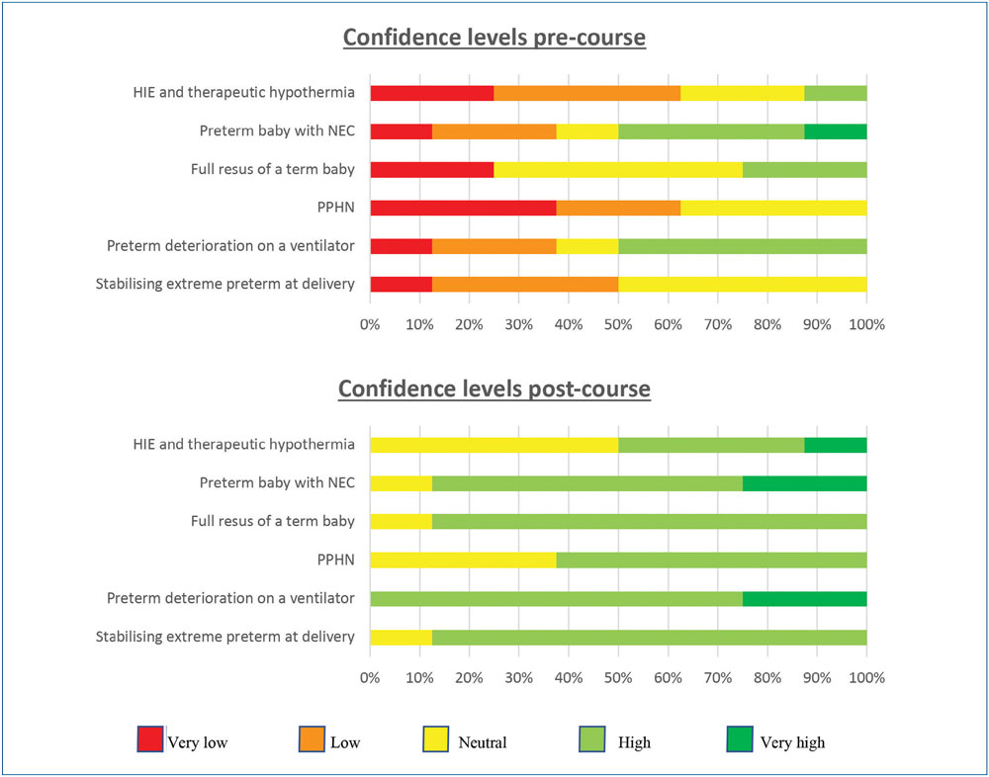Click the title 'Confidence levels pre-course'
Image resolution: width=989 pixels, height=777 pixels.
tap(494, 39)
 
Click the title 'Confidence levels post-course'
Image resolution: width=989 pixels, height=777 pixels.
tap(494, 388)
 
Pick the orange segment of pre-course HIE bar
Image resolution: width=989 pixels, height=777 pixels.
tap(587, 93)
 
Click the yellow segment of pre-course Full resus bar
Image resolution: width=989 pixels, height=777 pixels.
tap(618, 169)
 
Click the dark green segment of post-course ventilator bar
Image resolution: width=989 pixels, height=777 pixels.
tap(805, 598)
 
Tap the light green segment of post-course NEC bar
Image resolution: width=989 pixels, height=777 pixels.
tap(587, 483)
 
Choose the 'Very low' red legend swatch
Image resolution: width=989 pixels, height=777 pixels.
tap(149, 740)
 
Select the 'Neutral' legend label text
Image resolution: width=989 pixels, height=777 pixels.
tap(482, 742)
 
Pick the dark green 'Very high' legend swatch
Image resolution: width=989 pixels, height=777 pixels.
tap(738, 740)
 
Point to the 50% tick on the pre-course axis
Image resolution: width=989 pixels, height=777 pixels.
tap(618, 323)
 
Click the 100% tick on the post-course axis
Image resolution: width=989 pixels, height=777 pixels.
tap(867, 677)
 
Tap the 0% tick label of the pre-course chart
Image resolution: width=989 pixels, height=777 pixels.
tap(370, 323)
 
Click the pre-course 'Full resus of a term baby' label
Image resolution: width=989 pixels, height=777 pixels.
tap(272, 169)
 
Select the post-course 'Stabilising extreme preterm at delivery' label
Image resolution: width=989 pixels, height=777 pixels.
tap(225, 637)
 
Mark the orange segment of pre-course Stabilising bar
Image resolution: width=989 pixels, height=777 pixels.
tap(525, 285)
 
